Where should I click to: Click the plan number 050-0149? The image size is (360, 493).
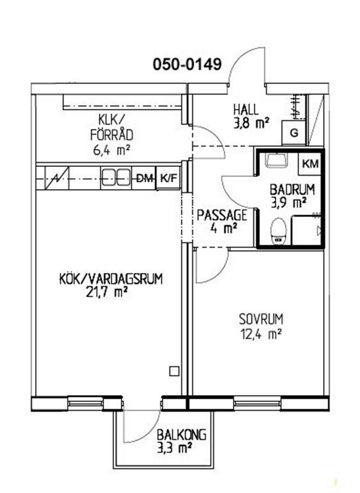(x=187, y=65)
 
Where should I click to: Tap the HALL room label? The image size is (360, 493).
(x=246, y=110)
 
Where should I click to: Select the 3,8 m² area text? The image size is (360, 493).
(x=251, y=123)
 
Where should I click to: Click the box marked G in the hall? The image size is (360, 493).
(x=293, y=132)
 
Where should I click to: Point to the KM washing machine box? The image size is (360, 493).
(x=310, y=163)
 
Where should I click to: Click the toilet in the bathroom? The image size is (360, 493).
(x=279, y=231)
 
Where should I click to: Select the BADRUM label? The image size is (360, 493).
(x=292, y=190)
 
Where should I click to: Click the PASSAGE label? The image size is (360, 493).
(x=222, y=215)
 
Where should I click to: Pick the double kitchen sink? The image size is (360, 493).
(x=116, y=178)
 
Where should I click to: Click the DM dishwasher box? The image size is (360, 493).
(x=144, y=179)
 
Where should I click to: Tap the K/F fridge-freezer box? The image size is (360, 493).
(x=168, y=178)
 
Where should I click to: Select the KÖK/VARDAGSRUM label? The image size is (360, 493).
(x=111, y=279)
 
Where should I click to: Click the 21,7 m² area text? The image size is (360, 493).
(x=106, y=292)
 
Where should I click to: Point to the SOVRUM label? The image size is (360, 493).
(x=261, y=319)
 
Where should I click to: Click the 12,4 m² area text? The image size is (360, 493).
(x=260, y=334)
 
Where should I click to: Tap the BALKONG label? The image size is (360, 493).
(x=181, y=435)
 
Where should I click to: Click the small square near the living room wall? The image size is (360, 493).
(x=174, y=372)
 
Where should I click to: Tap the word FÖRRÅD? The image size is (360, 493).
(x=112, y=135)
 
